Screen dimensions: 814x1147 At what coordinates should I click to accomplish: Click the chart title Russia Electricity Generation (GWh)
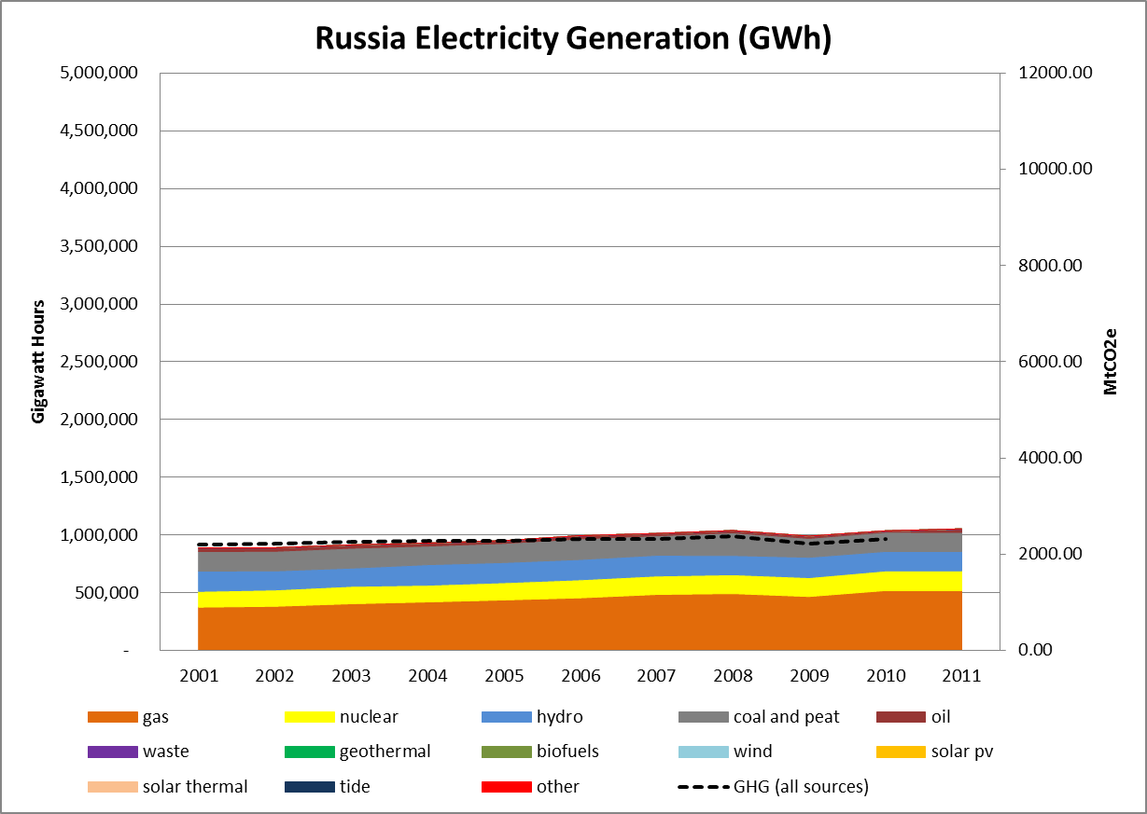(x=573, y=38)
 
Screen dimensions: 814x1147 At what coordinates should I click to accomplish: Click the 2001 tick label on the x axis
(x=199, y=675)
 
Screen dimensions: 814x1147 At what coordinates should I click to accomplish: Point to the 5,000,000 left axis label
(x=98, y=73)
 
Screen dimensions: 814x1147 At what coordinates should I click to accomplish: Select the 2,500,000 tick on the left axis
(x=98, y=362)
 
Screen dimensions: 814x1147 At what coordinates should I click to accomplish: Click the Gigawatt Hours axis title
(x=38, y=362)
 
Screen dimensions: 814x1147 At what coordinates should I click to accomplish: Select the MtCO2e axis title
(x=1111, y=362)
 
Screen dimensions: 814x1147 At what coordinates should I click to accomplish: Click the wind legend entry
(x=752, y=752)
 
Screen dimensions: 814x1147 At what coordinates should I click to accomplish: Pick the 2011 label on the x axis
(x=962, y=675)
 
